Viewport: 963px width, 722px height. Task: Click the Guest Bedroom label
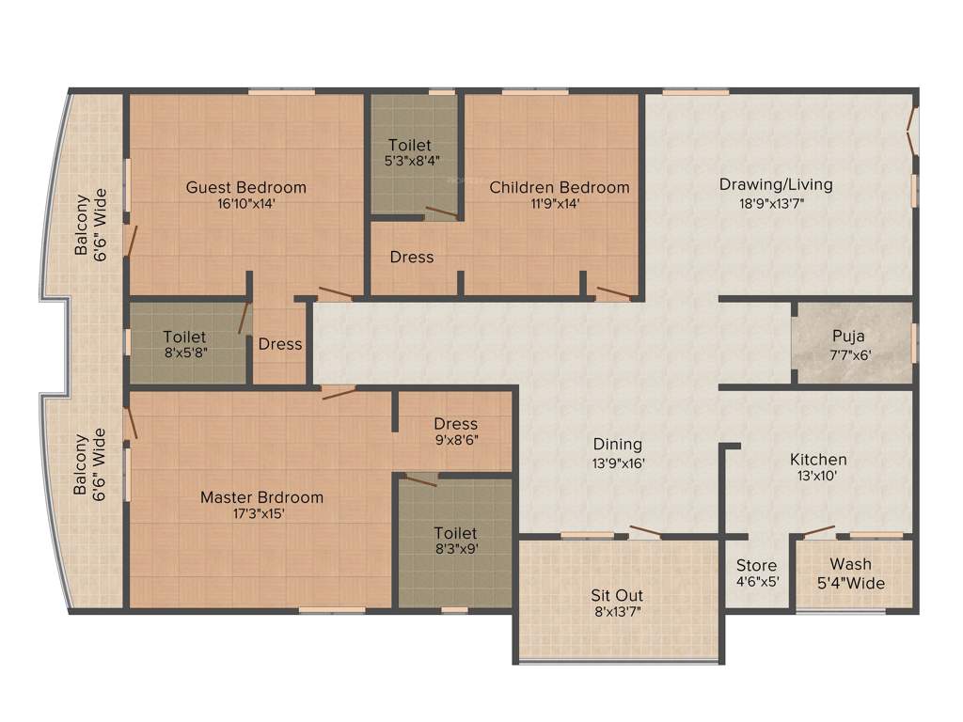[x=245, y=187]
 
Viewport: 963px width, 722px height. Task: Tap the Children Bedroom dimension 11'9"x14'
[x=560, y=203]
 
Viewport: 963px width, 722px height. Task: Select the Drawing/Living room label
[x=776, y=184]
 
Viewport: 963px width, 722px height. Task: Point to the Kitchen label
[x=818, y=460]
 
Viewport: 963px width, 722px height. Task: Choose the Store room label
[x=757, y=565]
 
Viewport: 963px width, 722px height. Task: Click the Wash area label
[x=850, y=564]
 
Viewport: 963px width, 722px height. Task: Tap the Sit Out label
[x=617, y=595]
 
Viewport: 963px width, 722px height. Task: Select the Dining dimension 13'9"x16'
[x=617, y=462]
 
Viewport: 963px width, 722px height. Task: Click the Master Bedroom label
[x=261, y=497]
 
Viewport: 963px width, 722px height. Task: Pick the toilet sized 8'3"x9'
[x=455, y=541]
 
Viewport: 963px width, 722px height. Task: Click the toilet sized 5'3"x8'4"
[x=410, y=153]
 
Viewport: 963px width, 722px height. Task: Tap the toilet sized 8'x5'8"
[x=184, y=345]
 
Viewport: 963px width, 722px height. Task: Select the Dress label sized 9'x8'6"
[x=456, y=432]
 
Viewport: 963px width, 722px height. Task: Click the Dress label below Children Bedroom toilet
[x=412, y=257]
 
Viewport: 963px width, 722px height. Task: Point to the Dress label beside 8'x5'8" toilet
[x=280, y=344]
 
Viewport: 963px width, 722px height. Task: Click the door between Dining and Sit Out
[x=644, y=533]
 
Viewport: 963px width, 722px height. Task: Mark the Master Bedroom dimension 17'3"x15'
[x=261, y=514]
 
